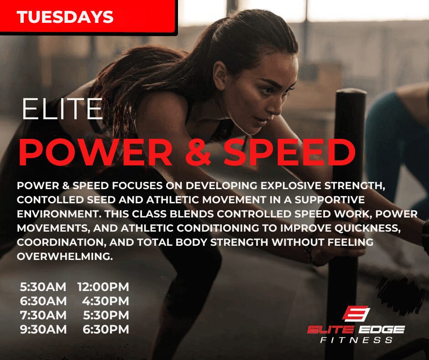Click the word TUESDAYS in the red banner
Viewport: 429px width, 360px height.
tap(65, 17)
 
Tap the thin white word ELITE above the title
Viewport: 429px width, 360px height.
tap(63, 109)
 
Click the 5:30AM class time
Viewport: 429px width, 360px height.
tap(43, 287)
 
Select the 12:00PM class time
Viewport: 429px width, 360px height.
tap(103, 287)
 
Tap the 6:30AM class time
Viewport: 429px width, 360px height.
tap(43, 301)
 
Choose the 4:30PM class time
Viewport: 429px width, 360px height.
tap(105, 301)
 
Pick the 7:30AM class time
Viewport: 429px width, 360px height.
tap(43, 315)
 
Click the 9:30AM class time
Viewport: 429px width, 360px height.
tap(43, 329)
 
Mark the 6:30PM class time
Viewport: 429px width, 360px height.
tap(106, 329)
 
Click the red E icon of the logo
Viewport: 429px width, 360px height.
tap(356, 313)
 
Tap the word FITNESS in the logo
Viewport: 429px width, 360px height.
tap(356, 340)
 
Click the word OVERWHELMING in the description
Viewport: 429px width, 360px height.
tap(65, 256)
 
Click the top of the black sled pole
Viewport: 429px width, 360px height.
tap(351, 92)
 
